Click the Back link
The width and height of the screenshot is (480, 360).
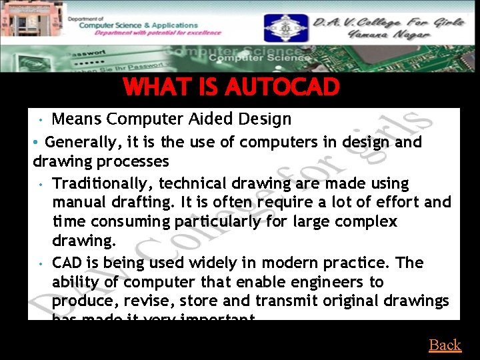point(445,345)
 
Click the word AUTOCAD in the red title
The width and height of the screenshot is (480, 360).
point(283,87)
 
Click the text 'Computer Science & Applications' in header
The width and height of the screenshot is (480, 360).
point(138,25)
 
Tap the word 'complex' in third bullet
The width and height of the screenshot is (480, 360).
point(369,221)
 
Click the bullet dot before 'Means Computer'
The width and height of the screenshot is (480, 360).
point(41,120)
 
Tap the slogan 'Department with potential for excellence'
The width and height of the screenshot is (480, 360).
point(150,32)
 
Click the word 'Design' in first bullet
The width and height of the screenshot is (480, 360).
point(265,119)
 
